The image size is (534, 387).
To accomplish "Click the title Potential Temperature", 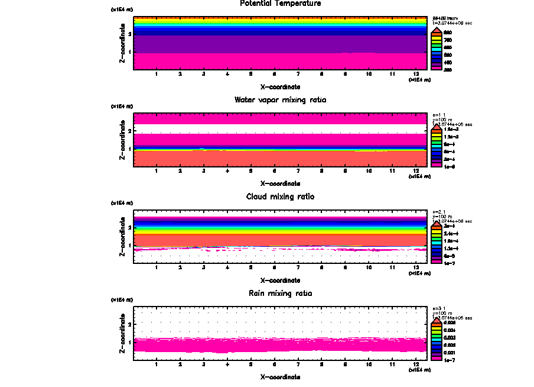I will click(x=281, y=4).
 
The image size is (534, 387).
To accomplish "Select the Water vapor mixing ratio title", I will click(x=281, y=99).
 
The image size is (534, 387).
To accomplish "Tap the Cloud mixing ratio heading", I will click(x=281, y=196).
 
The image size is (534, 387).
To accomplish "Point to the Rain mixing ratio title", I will click(x=281, y=293).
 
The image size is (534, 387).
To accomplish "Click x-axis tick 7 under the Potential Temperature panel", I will click(x=298, y=74).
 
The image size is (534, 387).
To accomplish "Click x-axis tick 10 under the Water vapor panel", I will click(x=369, y=171).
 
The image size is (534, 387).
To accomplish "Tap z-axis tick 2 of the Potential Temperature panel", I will click(x=130, y=34).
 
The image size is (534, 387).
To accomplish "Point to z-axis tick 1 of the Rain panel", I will click(x=130, y=342).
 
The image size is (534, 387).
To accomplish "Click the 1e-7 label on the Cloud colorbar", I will click(x=451, y=263).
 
